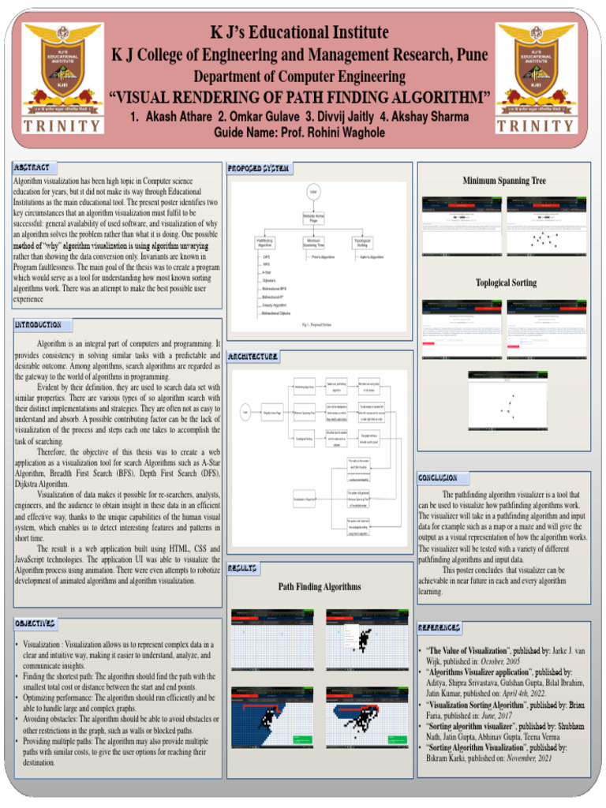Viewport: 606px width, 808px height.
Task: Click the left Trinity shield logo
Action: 62,67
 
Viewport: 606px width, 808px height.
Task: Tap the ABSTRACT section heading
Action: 32,168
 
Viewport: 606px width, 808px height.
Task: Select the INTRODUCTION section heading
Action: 38,325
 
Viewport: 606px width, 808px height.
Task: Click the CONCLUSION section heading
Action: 437,478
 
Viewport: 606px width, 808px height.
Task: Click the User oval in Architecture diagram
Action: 246,412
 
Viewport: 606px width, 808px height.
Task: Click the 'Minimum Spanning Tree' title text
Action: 504,181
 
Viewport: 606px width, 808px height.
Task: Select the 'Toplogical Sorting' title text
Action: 506,282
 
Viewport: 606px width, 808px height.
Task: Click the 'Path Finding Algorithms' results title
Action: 320,587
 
